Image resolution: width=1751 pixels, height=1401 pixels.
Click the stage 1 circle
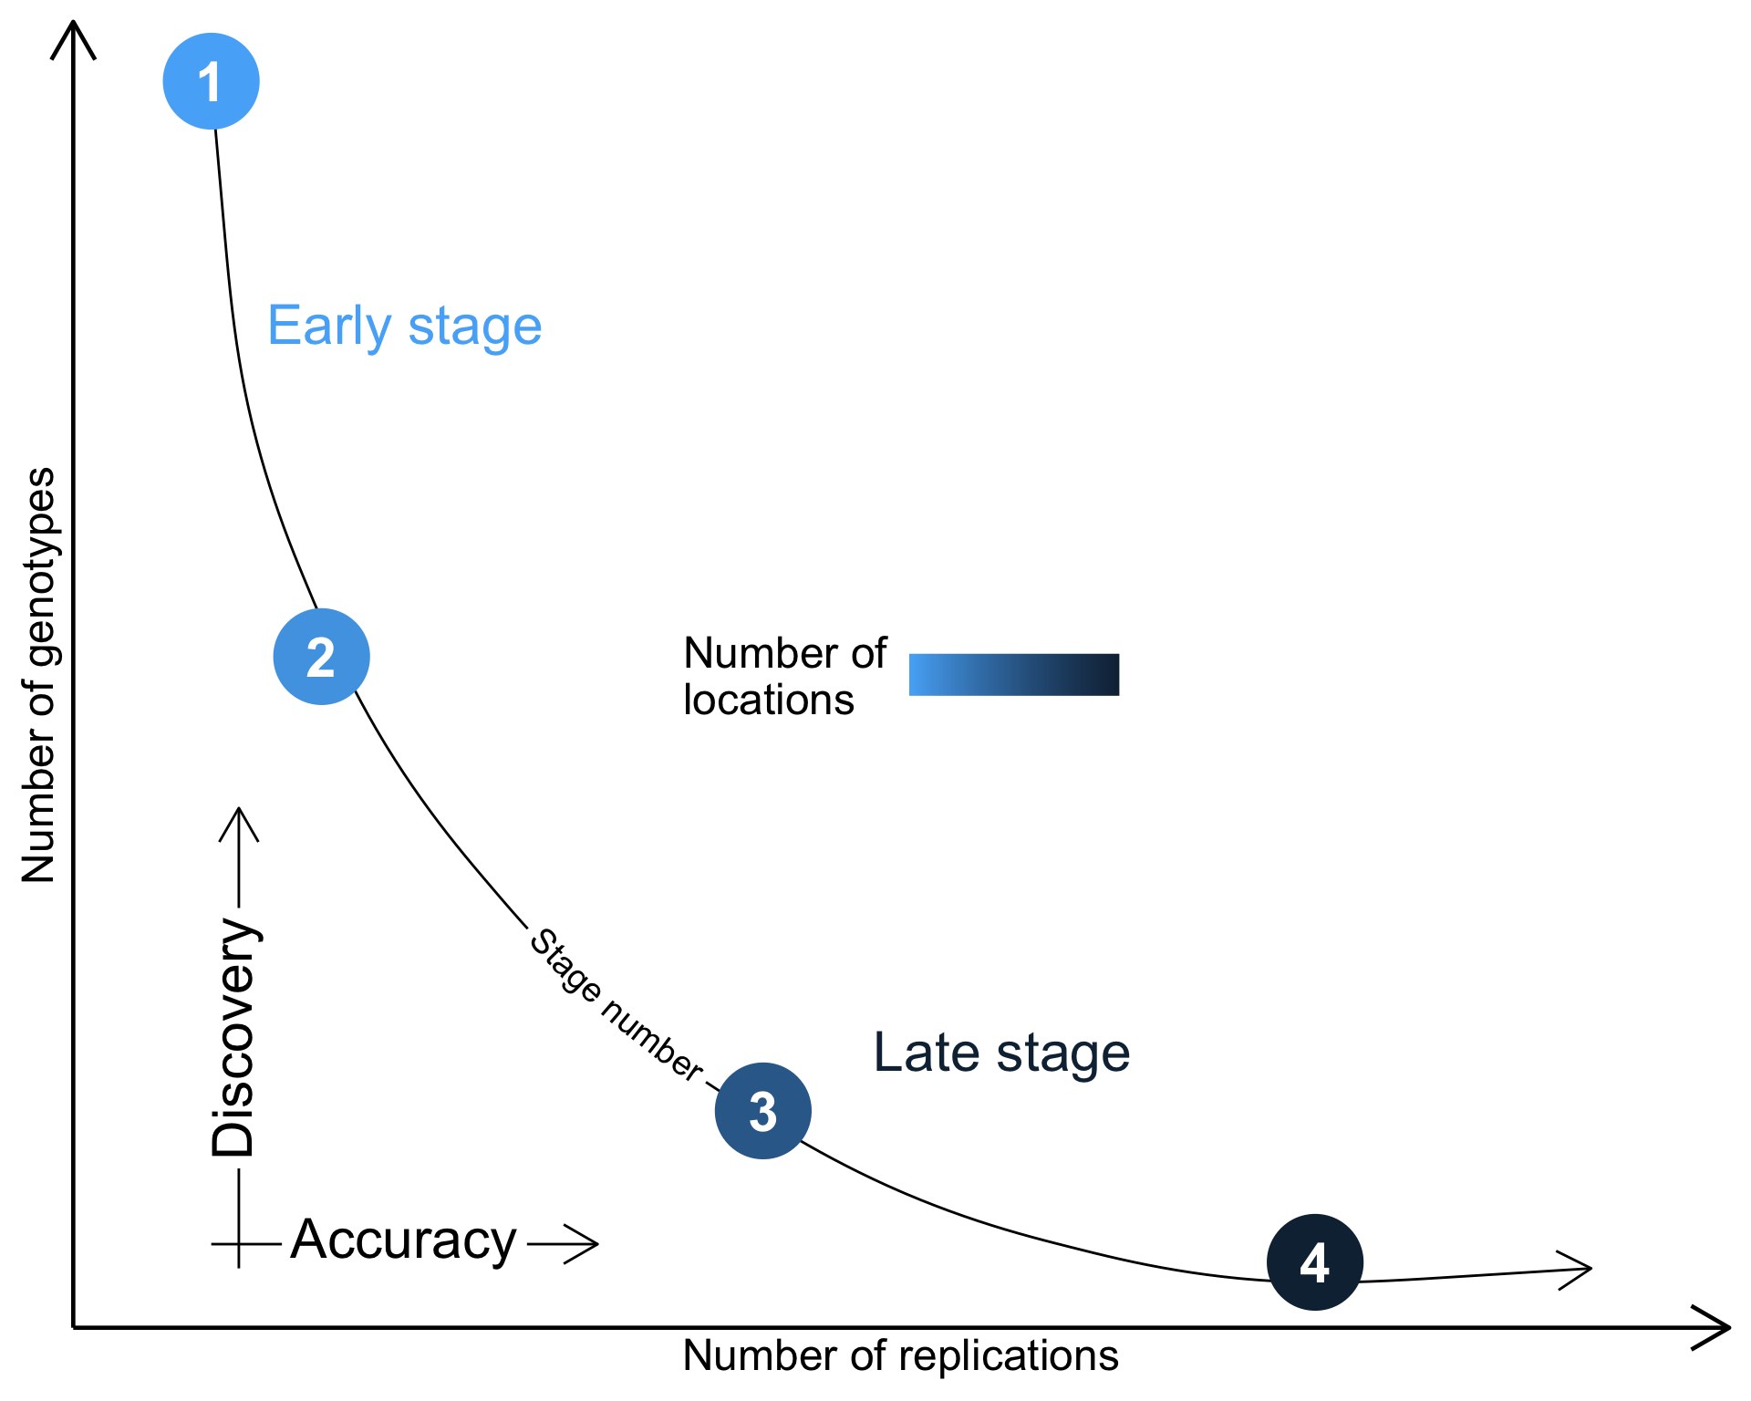[211, 81]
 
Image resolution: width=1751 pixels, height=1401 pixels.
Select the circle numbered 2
[321, 657]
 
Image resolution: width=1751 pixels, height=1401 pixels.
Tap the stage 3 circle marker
[762, 1111]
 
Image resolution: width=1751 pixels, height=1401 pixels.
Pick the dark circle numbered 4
[1314, 1262]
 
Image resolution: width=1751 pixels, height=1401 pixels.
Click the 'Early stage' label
[404, 327]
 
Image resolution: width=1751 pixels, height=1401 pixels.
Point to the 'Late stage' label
[1001, 1053]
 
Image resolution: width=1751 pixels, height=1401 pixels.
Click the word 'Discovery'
[233, 1038]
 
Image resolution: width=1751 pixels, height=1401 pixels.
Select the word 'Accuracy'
[403, 1240]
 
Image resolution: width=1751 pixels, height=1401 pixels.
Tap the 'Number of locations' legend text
[783, 677]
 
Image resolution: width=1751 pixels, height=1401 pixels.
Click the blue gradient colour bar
[1013, 675]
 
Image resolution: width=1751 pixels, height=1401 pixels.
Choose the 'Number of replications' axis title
[900, 1356]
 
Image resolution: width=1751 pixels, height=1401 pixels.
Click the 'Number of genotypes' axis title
[38, 675]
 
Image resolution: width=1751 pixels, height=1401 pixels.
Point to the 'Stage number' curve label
[616, 1005]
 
